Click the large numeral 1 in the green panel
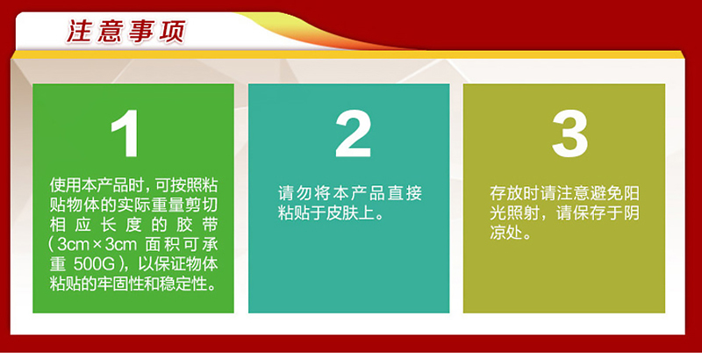(125, 133)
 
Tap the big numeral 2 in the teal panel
(354, 133)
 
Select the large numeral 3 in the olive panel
(569, 133)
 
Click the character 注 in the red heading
(80, 32)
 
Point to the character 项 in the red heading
(171, 32)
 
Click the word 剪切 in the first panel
(201, 205)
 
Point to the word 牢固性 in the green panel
(122, 284)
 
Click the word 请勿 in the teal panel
(295, 193)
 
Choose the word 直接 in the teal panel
(405, 193)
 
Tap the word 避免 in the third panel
(605, 193)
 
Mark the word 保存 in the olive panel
(590, 213)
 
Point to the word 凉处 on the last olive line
(506, 233)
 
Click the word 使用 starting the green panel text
(67, 185)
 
